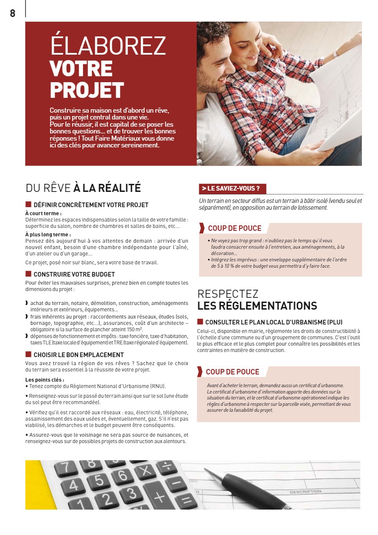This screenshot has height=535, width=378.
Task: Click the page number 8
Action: coord(13,14)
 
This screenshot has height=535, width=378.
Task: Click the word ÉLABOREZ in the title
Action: coord(108,46)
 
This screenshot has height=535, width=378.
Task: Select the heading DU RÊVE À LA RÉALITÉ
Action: coord(83,188)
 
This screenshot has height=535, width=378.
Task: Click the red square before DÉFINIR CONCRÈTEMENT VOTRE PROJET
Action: coord(28,205)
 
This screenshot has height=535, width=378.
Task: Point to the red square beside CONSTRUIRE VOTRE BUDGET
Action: coord(28,274)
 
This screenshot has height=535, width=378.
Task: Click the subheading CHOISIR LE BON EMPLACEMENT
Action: coord(78,355)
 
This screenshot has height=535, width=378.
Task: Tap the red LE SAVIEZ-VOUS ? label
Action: coord(232,188)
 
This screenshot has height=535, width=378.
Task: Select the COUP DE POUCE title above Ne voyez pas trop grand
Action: coord(234,228)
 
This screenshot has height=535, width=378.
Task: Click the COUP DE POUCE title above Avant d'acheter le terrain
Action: coord(232,372)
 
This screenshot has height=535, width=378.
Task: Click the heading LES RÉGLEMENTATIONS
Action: coord(257,305)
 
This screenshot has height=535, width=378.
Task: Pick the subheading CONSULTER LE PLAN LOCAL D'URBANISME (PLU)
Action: coord(274,322)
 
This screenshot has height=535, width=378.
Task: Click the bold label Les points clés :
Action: coord(44,380)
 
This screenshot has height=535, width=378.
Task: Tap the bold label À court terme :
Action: coord(43,213)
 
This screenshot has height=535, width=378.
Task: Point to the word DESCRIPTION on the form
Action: coord(305,492)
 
